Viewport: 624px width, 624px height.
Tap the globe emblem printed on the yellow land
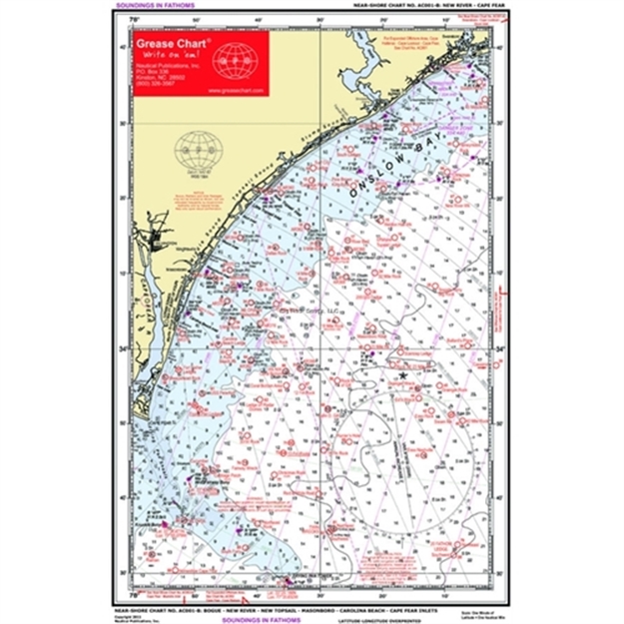click(x=196, y=151)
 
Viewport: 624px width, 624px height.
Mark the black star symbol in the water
click(x=402, y=374)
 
